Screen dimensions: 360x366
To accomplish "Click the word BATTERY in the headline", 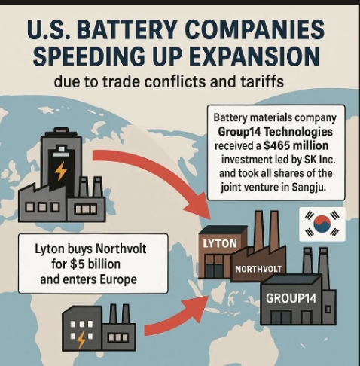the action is click(129, 30).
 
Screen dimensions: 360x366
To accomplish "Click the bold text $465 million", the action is click(296, 145).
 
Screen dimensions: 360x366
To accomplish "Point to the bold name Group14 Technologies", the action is click(275, 132).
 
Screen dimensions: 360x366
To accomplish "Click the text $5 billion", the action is click(95, 264).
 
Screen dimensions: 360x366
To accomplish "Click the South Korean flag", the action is click(322, 224).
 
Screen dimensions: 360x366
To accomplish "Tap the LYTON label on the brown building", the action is click(220, 243).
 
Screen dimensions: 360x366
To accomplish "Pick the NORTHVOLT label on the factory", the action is click(258, 270).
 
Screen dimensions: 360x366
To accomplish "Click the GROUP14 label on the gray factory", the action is click(291, 298).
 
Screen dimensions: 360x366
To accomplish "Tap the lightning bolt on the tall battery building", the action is click(61, 170).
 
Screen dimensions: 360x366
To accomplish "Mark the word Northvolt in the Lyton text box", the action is click(121, 249).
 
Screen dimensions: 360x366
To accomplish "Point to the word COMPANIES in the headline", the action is click(255, 30).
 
